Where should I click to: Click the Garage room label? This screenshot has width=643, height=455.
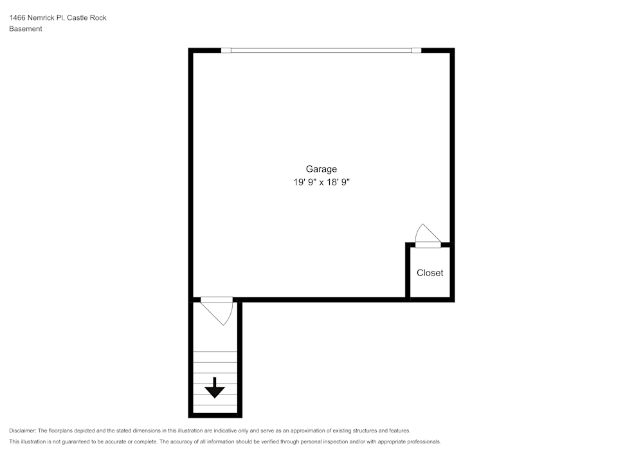321,169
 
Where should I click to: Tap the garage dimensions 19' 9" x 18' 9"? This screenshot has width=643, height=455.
321,183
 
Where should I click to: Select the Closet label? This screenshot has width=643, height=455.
430,273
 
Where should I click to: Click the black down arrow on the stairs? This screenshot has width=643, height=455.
214,388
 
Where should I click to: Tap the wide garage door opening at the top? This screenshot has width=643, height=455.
321,50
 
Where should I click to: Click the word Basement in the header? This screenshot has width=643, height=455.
26,29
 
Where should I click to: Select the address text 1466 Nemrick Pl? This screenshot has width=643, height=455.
36,18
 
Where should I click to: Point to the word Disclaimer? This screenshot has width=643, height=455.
23,431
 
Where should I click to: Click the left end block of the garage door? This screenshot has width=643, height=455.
226,50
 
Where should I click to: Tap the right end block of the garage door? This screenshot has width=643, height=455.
416,50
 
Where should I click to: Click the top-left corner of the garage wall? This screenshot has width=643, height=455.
191,51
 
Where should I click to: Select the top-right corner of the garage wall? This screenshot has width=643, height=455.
452,51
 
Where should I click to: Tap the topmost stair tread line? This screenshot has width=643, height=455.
215,352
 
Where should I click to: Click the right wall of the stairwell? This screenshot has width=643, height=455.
240,357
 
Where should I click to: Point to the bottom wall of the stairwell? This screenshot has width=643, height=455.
215,416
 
